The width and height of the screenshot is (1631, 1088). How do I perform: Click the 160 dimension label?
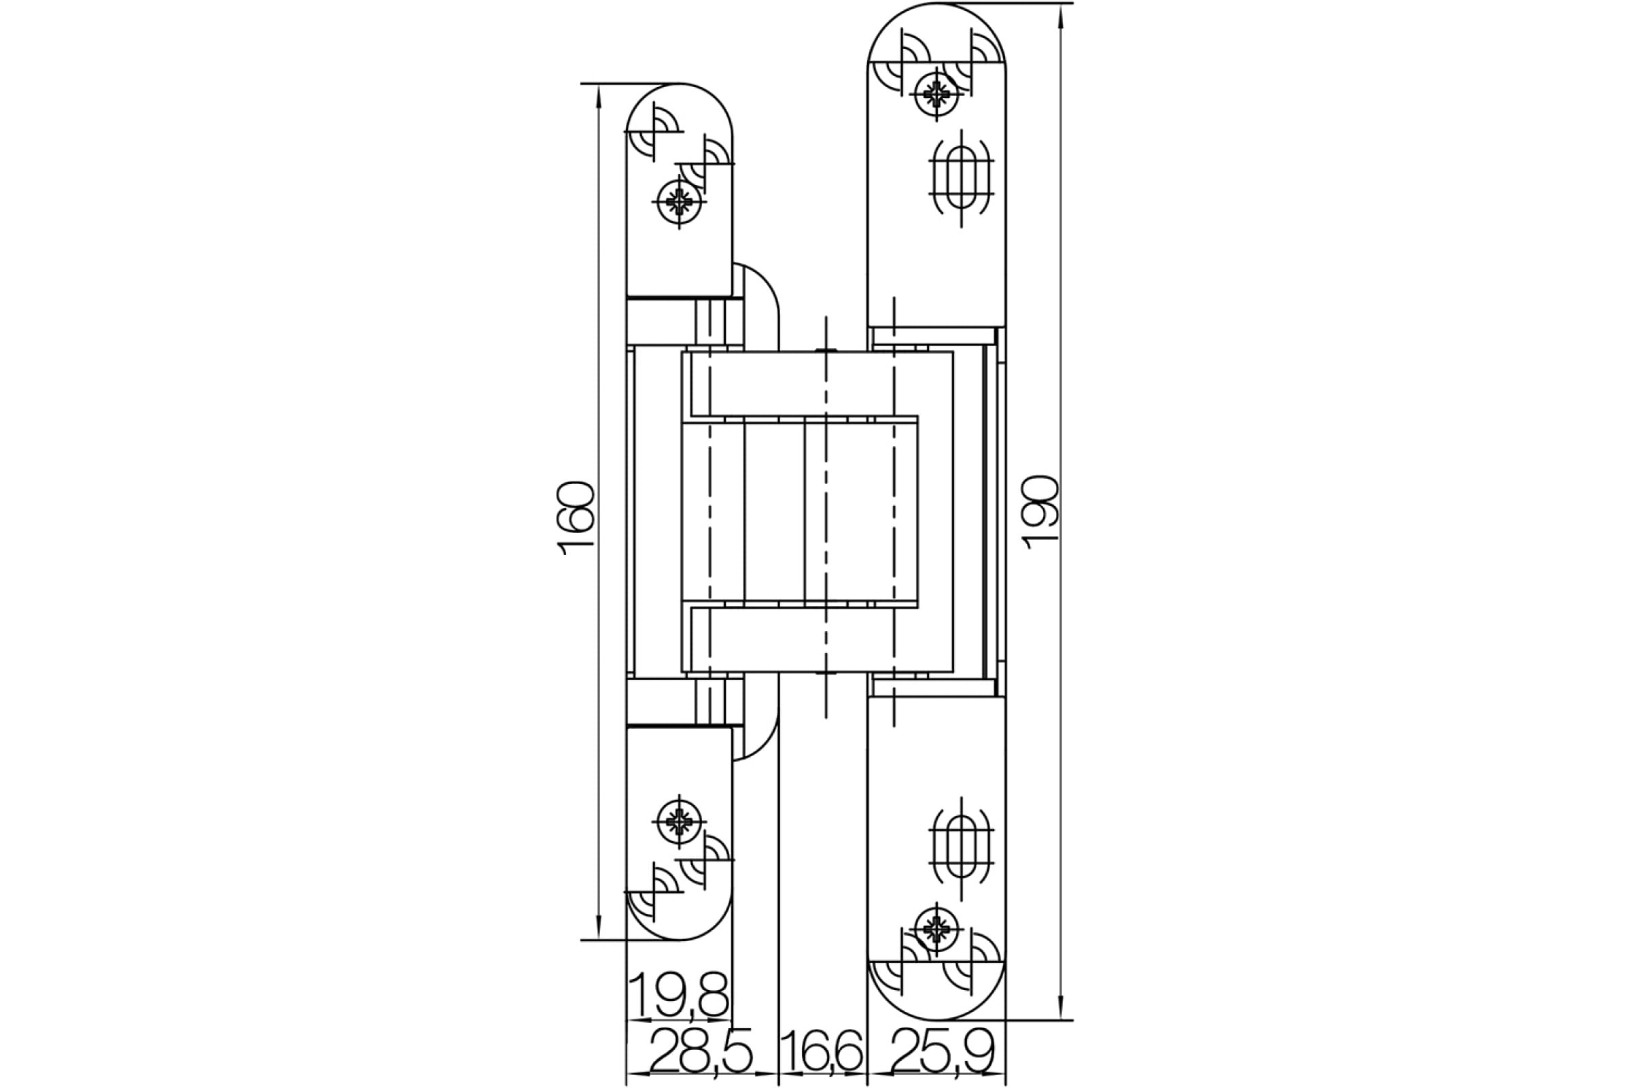pos(576,517)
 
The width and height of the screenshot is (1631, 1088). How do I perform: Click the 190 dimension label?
pos(1040,512)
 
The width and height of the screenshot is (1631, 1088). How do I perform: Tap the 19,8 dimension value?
pos(680,995)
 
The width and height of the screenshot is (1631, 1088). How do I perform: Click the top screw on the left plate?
pos(680,202)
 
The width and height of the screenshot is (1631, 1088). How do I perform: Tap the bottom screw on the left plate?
pos(680,821)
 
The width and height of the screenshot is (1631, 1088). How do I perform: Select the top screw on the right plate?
pos(937,94)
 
